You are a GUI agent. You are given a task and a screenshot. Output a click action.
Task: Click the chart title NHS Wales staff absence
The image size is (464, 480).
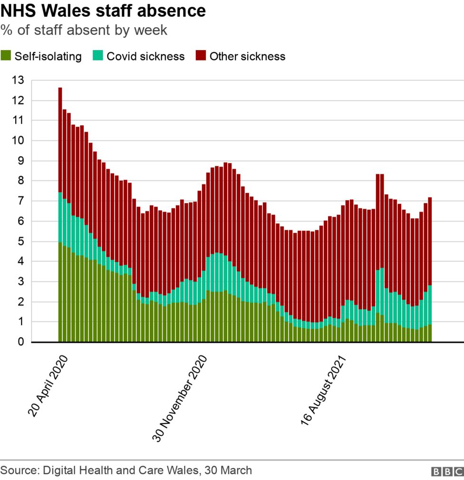coord(103,10)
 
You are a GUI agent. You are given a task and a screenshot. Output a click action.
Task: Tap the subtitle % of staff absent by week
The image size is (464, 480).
coord(84,30)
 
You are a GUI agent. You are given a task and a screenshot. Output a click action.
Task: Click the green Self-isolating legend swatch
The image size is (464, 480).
coord(6,56)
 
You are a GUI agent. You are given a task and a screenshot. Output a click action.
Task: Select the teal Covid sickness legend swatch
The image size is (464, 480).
coord(98,56)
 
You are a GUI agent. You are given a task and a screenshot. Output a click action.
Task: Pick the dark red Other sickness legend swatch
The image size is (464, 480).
coord(201,56)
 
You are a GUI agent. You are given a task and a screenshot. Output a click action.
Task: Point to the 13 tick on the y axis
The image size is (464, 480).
coord(18,80)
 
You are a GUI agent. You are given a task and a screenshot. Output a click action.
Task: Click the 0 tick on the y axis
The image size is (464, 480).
coord(20,342)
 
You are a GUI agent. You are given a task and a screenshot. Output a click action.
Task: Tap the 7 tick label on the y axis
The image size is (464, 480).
coord(20,201)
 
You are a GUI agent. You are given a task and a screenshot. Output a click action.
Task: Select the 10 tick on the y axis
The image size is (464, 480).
coord(18,141)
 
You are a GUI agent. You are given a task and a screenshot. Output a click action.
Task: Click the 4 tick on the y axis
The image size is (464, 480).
coord(20,261)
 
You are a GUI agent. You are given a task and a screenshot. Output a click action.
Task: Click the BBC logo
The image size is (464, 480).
coord(445,471)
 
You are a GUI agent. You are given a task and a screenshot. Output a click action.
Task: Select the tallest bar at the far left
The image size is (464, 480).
coord(60,214)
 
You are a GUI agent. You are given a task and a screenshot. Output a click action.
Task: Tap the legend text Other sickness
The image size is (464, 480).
coord(247,56)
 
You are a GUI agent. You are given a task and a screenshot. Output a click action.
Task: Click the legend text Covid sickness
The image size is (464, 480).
coord(145,56)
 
